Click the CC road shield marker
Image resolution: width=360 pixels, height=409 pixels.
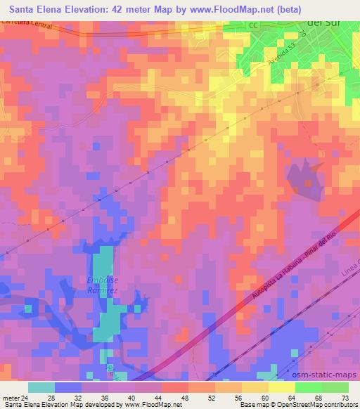[253, 25]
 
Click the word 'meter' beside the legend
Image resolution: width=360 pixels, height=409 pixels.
[9, 397]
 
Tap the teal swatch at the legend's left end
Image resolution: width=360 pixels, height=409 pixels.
[41, 387]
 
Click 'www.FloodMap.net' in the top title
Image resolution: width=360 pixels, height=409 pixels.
[239, 8]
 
